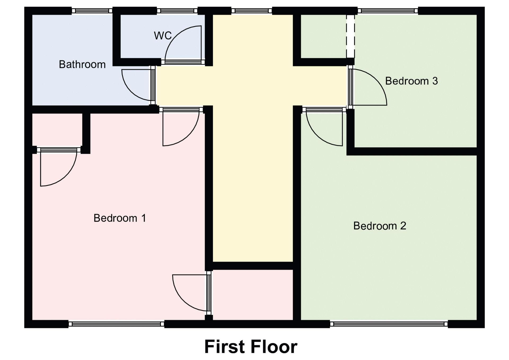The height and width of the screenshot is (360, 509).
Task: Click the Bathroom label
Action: [82, 64]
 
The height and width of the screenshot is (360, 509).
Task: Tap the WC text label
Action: [163, 36]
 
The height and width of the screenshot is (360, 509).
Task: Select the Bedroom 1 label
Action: [120, 218]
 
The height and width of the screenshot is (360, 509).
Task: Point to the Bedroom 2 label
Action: [380, 226]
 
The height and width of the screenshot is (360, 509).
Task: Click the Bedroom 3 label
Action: [411, 81]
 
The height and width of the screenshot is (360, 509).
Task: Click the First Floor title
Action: [251, 347]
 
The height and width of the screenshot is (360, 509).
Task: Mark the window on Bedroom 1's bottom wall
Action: [116, 324]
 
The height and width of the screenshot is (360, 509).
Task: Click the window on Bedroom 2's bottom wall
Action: [389, 324]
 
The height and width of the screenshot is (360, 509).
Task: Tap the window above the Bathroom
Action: [92, 11]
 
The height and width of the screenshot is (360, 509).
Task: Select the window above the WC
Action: [177, 11]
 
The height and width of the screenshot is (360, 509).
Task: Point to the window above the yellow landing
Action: [252, 11]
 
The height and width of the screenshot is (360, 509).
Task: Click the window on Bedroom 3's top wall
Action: [388, 11]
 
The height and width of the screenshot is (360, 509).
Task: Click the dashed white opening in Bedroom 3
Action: [350, 36]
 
